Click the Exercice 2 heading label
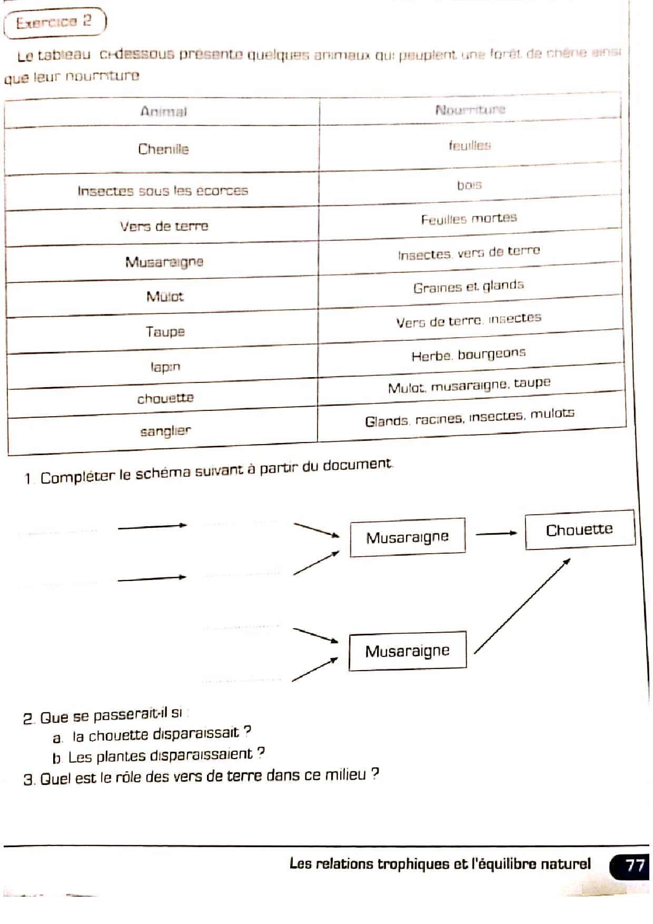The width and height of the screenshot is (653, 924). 54,22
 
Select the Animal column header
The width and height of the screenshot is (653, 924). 163,111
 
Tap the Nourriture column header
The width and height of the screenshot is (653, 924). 470,110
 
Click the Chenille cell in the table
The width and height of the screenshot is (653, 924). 163,149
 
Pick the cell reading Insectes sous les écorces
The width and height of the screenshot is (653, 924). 163,190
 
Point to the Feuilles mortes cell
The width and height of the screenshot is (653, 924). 469,219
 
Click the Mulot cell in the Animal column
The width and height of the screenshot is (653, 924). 165,297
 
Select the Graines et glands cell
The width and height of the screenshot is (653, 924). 468,287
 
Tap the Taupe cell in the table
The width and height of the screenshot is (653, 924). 165,331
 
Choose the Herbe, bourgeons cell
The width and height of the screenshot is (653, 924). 468,355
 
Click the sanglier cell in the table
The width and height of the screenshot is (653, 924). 165,431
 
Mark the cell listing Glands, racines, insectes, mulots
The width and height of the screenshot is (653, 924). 469,417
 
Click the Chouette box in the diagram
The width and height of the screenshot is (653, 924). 580,529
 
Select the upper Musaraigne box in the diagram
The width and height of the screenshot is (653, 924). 408,537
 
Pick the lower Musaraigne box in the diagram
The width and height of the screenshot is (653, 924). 408,651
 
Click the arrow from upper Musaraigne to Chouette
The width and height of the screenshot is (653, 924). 496,534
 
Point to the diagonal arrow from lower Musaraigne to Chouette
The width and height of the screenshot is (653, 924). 522,606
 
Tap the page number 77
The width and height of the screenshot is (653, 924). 635,866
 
